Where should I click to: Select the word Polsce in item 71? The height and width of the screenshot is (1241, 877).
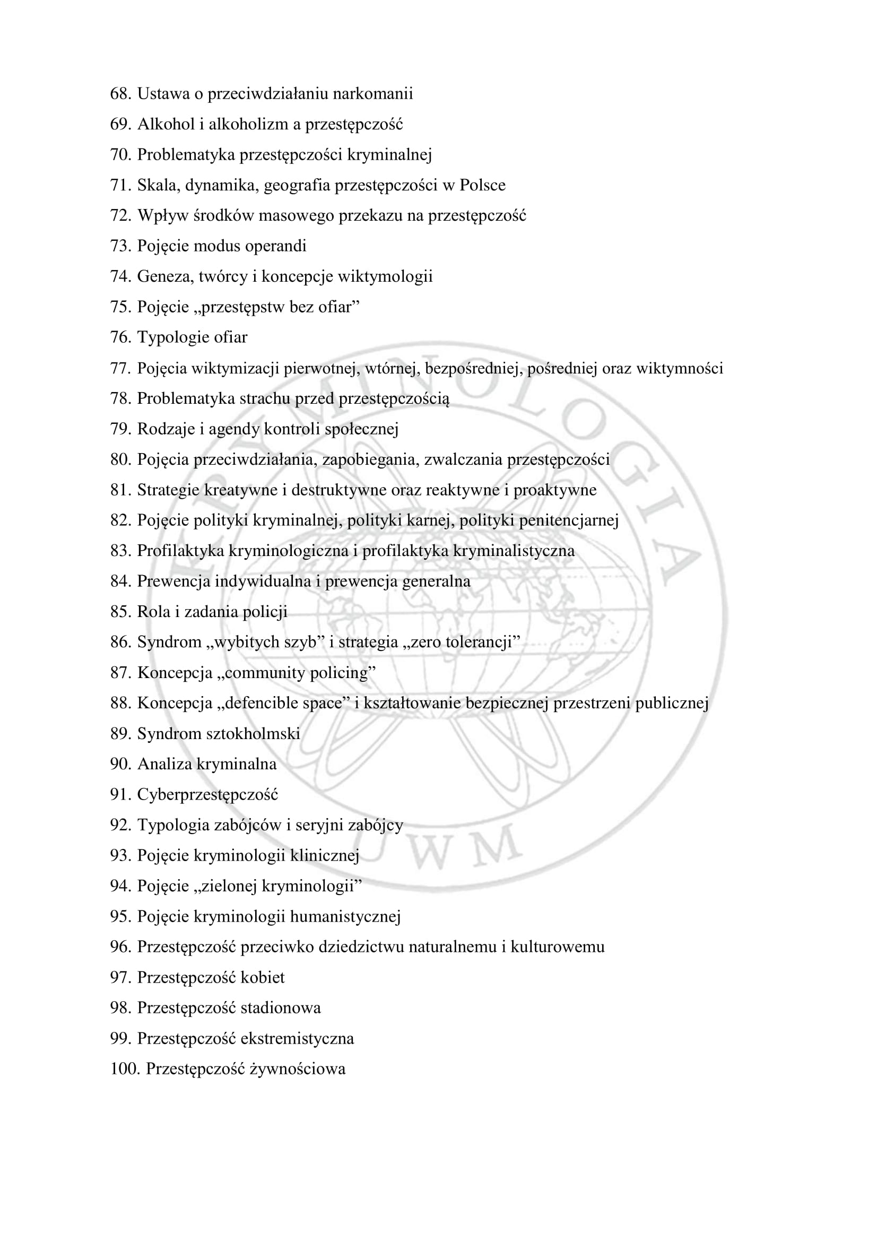(x=483, y=185)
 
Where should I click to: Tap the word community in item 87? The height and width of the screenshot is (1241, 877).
(x=259, y=673)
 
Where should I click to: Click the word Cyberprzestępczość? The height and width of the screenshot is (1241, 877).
(x=207, y=795)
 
